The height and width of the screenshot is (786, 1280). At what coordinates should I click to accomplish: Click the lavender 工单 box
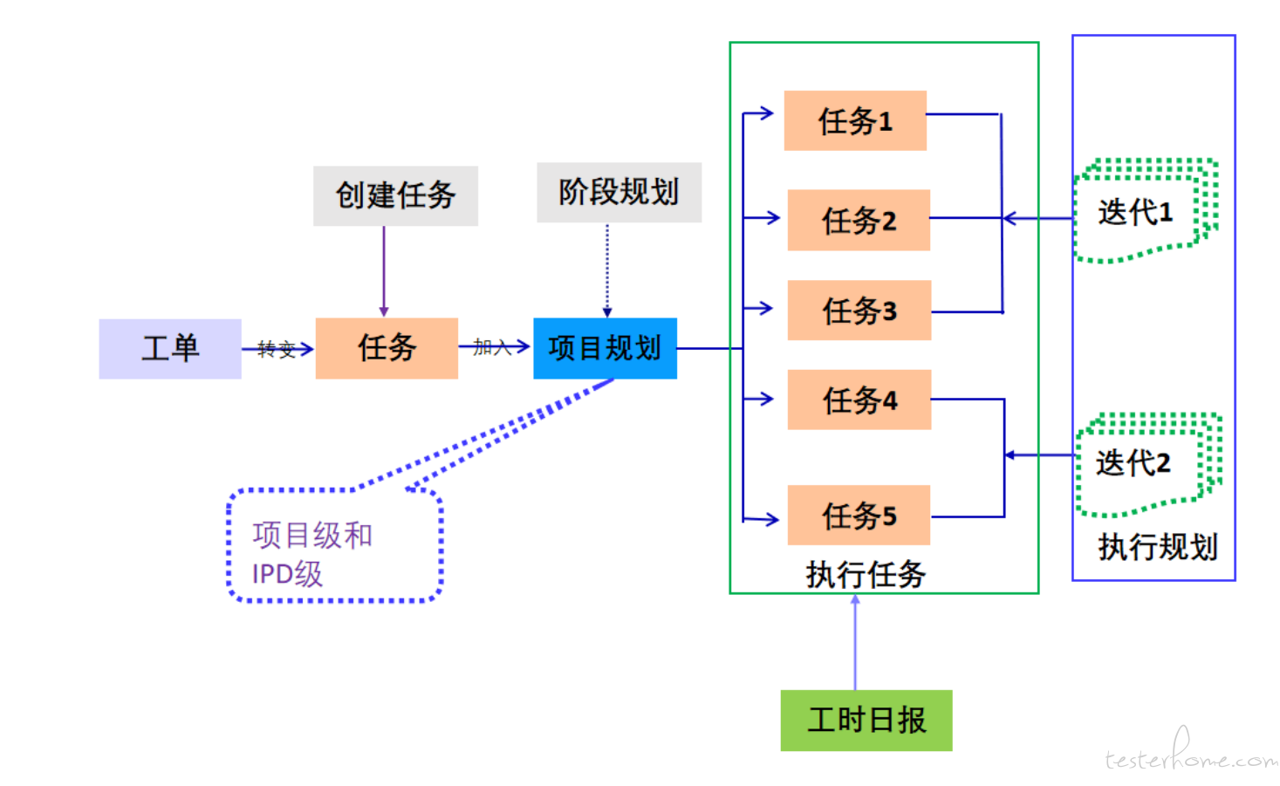point(169,348)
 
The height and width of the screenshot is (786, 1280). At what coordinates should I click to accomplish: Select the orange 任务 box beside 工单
point(387,348)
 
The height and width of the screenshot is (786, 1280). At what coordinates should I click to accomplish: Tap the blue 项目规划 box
point(605,348)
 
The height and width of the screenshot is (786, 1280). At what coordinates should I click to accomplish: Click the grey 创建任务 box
point(395,195)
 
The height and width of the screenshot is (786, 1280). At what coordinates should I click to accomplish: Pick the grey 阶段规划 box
point(619,192)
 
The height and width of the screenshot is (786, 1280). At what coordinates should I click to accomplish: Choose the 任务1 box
point(855,120)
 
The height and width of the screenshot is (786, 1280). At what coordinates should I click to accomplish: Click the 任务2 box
point(859,220)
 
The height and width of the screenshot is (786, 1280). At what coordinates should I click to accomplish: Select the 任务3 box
point(859,311)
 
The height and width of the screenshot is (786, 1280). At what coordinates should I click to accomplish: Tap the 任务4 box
point(859,400)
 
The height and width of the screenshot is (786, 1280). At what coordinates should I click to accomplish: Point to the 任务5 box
point(859,515)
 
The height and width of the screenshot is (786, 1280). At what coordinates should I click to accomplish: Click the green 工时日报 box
point(866,720)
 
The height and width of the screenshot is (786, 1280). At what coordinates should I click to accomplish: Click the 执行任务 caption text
point(866,574)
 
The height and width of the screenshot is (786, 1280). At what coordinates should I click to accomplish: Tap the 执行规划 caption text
point(1157,547)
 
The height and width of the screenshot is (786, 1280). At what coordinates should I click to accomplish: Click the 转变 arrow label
point(277,350)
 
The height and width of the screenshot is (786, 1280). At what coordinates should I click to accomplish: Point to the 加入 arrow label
point(491,347)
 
